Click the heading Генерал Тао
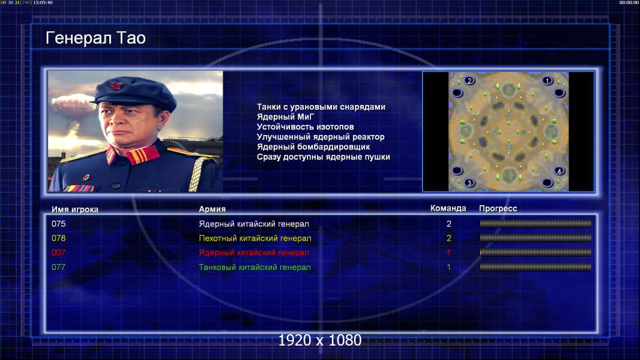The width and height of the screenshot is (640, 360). point(95,38)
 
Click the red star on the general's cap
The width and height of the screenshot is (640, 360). point(115,85)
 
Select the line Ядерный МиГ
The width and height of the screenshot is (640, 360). point(285,117)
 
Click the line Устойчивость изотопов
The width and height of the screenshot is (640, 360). point(306,127)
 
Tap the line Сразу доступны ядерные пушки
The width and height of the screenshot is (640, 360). point(323,157)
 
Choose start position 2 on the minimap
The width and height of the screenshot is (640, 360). point(469,80)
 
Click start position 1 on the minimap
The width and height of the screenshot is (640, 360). point(548,81)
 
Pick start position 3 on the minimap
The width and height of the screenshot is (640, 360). point(469,182)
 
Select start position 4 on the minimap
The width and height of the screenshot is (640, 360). point(559,171)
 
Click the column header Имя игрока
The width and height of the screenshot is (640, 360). point(74,209)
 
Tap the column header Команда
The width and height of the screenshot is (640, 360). point(448,208)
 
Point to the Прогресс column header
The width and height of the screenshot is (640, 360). point(498,209)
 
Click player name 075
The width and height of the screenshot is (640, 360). point(58,224)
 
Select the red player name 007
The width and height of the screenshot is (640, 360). point(58,253)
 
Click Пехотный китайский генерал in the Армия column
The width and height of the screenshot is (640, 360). point(255,238)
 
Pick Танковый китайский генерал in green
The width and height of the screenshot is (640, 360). point(255,268)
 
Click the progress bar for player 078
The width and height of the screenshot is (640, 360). point(536,238)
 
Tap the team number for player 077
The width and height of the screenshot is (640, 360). point(448,268)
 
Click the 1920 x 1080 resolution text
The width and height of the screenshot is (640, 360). point(319,340)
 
